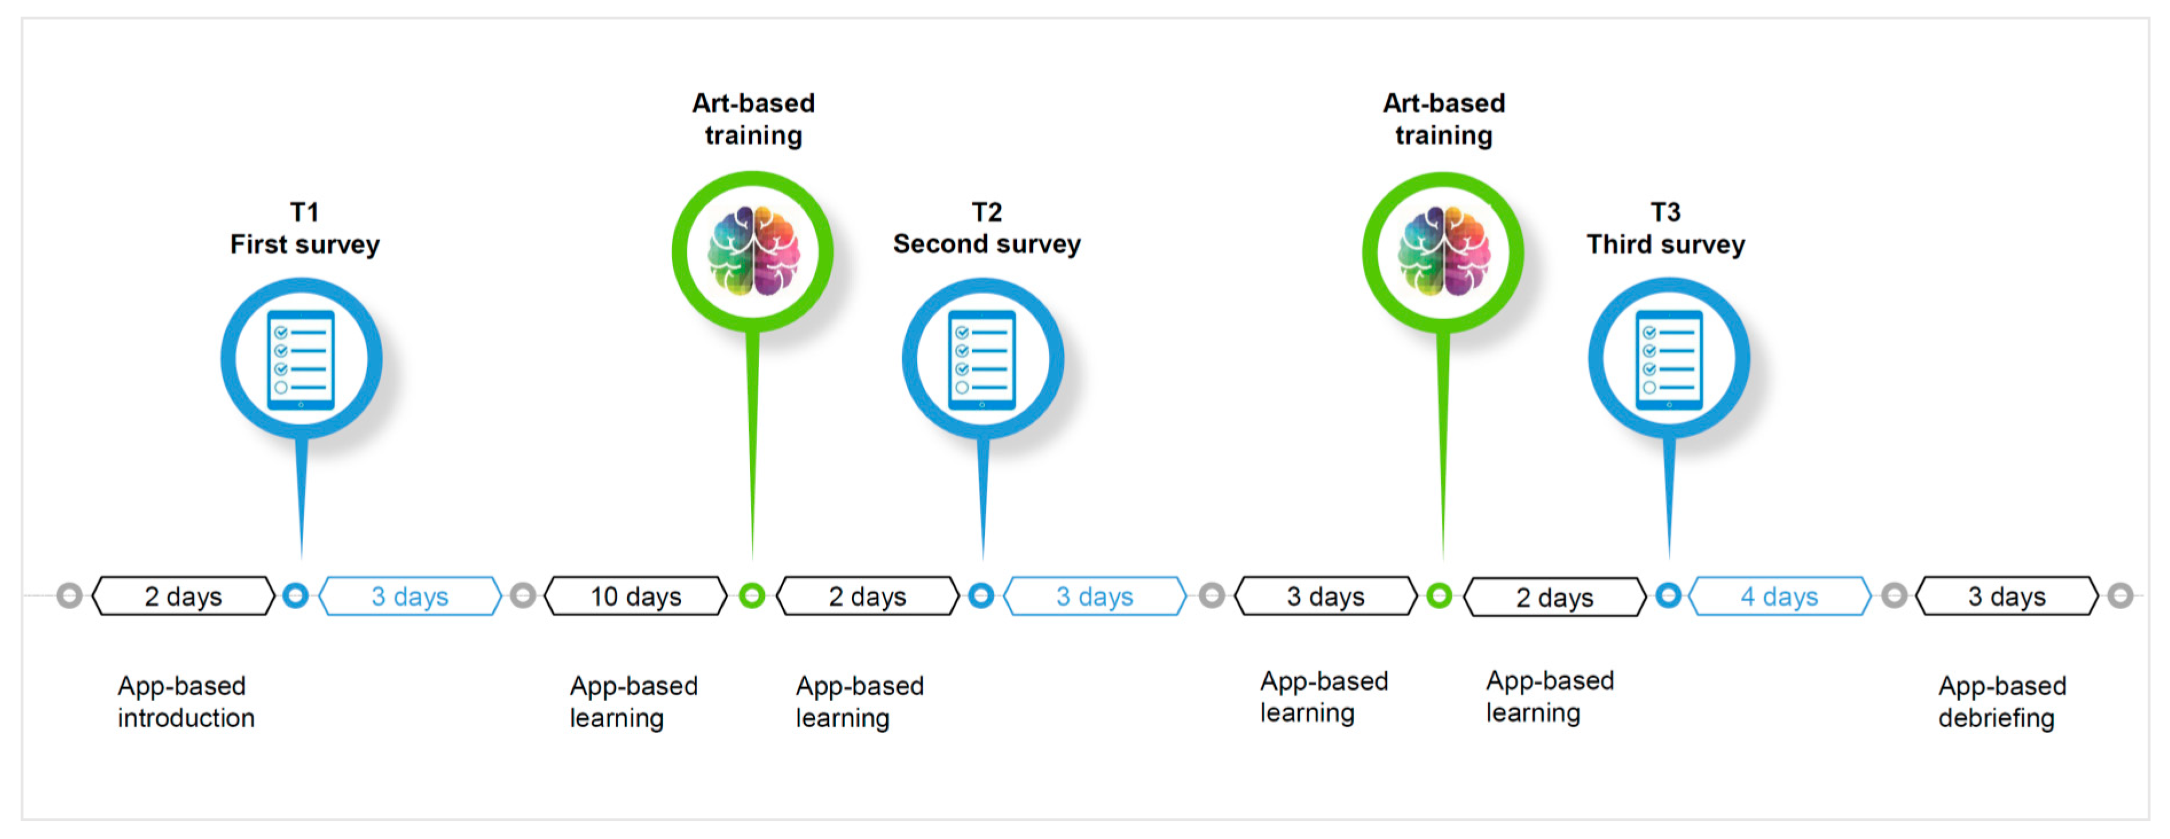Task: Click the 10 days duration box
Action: pyautogui.click(x=636, y=597)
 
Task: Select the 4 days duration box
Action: pyautogui.click(x=1779, y=597)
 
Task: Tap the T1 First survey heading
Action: pyautogui.click(x=304, y=228)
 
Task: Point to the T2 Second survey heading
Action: pyautogui.click(x=986, y=228)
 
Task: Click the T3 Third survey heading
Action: pyautogui.click(x=1665, y=228)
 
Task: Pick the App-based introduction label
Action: pyautogui.click(x=186, y=701)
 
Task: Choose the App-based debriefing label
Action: pyautogui.click(x=2002, y=701)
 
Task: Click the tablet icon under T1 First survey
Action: pyautogui.click(x=301, y=360)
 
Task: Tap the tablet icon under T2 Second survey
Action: pyautogui.click(x=982, y=360)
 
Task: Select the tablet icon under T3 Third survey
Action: pyautogui.click(x=1669, y=360)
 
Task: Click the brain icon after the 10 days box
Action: pyautogui.click(x=753, y=251)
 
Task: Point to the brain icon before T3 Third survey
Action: pyautogui.click(x=1443, y=251)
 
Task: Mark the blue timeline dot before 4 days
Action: pyautogui.click(x=1668, y=595)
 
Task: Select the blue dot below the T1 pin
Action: pyautogui.click(x=295, y=595)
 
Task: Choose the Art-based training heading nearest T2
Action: pyautogui.click(x=753, y=119)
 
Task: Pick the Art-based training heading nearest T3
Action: pyautogui.click(x=1443, y=119)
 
